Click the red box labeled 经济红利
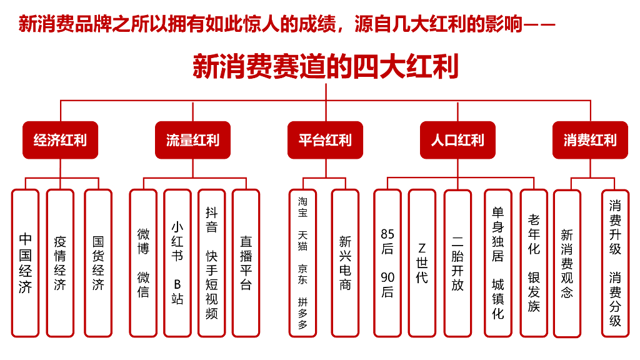61,140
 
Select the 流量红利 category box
192,140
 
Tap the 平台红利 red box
325,140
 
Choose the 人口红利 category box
457,140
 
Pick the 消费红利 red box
590,140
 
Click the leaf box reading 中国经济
25,263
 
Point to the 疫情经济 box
60,263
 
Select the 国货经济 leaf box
98,263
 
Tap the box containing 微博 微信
143,263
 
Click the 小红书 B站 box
177,263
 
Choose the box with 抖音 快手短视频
212,263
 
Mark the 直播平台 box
246,263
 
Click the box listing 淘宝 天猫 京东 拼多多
302,263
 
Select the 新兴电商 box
345,263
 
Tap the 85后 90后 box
387,263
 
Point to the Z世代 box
422,263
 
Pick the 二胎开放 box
457,263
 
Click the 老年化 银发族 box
534,263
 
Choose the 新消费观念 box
567,263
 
